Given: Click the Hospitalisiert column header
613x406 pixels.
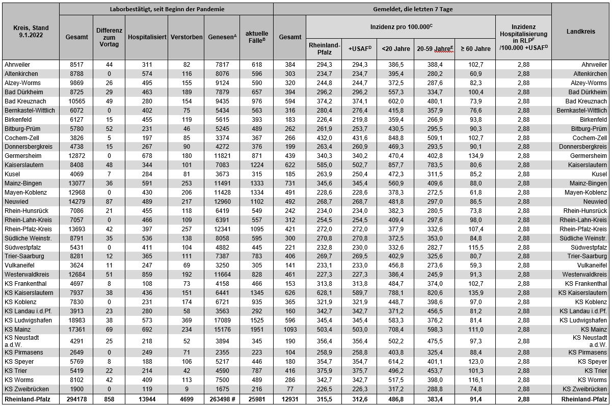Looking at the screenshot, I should coord(147,37).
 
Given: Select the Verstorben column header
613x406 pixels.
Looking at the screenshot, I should coord(186,37).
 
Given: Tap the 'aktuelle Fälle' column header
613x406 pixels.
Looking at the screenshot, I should coord(257,37).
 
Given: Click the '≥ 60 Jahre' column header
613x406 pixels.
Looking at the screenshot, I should coord(475,49).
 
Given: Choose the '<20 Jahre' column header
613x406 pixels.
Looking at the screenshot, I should coord(395,49).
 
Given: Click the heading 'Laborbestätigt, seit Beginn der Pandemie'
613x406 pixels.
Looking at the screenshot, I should coord(167,9).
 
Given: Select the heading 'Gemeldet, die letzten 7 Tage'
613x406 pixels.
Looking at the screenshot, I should coord(412,9).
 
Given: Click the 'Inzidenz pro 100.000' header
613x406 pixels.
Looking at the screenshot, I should coord(401,26).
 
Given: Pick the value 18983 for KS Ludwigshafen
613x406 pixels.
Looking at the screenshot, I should coord(77,320).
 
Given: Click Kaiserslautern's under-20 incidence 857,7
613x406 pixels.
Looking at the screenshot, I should coord(395,165).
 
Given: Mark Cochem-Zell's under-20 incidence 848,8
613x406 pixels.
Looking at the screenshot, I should coord(395,138).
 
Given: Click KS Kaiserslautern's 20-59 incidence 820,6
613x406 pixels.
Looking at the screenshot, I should coord(434,293).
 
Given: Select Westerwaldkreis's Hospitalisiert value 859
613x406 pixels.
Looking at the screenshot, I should coord(147,275).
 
